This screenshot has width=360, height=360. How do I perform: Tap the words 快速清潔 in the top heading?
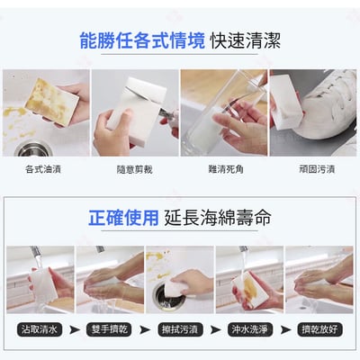pyautogui.click(x=245, y=40)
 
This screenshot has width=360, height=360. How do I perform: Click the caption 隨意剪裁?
pyautogui.click(x=133, y=167)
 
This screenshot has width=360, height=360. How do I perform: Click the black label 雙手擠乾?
pyautogui.click(x=108, y=330)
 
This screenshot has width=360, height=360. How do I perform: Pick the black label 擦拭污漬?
pyautogui.click(x=178, y=330)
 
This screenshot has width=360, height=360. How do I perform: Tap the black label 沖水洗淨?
pyautogui.click(x=248, y=330)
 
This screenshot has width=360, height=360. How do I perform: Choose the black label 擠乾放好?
pyautogui.click(x=319, y=330)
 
